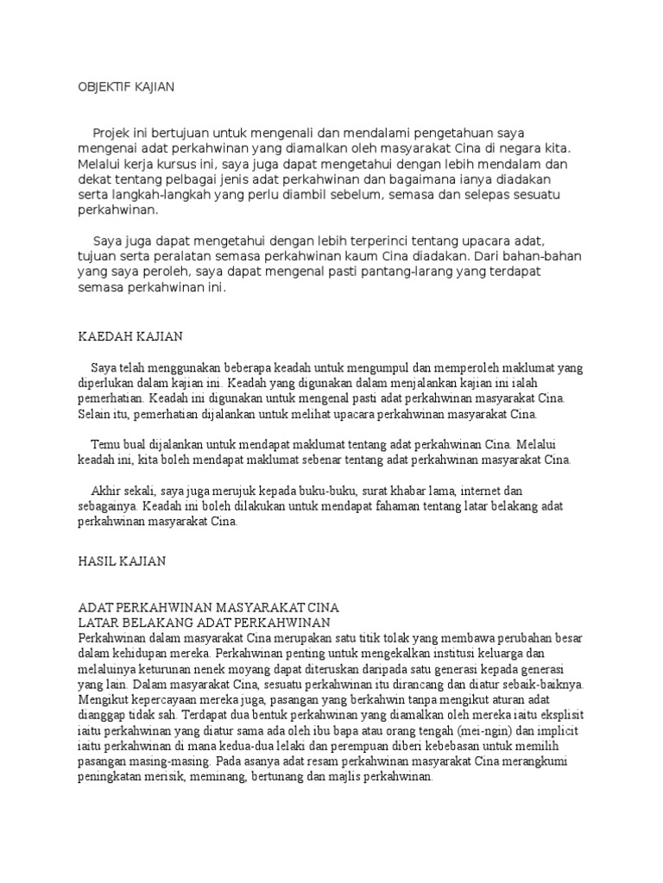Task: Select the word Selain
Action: [96, 414]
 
